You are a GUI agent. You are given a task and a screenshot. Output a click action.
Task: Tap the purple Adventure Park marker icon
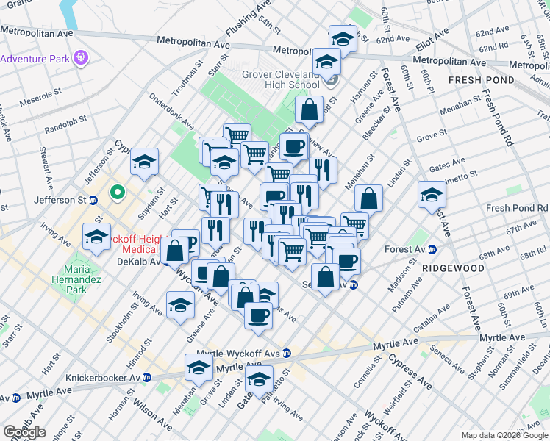tap(81, 57)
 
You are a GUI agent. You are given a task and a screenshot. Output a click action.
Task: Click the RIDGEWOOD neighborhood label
tap(454, 268)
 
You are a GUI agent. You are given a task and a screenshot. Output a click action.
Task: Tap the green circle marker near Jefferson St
tap(116, 194)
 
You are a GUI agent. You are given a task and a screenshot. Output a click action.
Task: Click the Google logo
tap(24, 432)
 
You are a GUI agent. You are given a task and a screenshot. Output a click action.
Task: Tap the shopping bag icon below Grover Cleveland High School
tap(310, 110)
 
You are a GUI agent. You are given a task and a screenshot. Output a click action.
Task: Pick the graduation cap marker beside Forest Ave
tap(432, 194)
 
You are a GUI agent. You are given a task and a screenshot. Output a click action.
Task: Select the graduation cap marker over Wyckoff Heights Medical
tap(96, 236)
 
